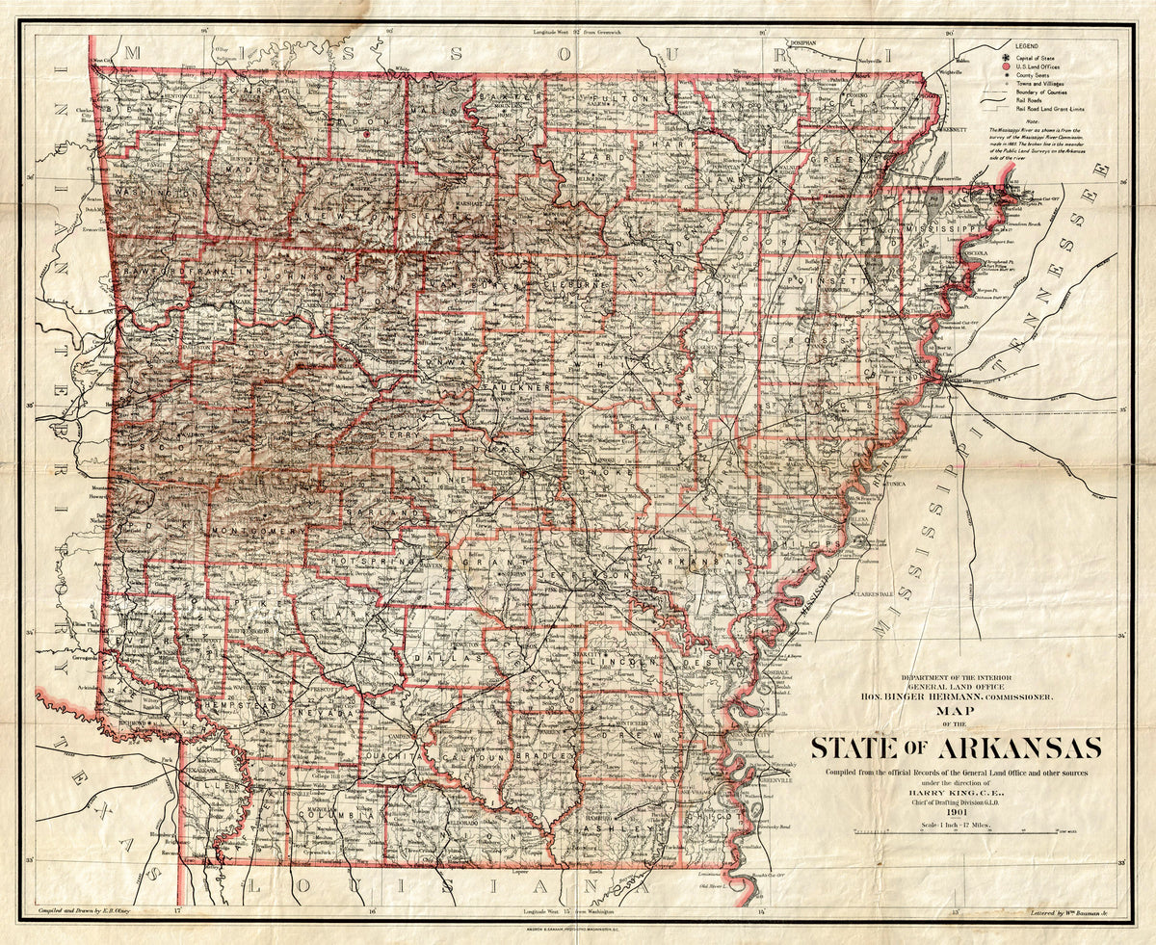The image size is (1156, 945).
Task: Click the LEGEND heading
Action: coord(1025,45)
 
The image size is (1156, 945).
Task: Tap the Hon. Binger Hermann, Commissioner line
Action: coord(951,696)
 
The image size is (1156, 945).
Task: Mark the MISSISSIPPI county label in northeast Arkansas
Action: coord(945,229)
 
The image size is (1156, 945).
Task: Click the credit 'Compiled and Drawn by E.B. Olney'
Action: coord(92,908)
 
